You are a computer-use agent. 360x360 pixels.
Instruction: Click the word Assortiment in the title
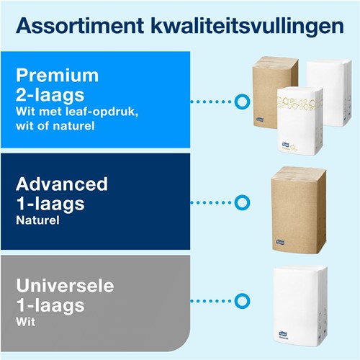pyautogui.click(x=80, y=26)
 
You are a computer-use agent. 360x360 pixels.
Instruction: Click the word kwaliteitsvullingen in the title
pyautogui.click(x=248, y=27)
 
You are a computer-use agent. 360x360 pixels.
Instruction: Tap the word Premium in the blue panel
pyautogui.click(x=57, y=76)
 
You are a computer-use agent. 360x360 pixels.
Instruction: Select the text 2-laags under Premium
pyautogui.click(x=50, y=96)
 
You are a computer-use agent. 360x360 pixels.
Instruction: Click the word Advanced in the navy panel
pyautogui.click(x=62, y=184)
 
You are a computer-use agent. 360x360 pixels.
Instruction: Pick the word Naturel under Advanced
pyautogui.click(x=37, y=220)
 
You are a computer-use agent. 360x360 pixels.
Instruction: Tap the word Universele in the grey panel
pyautogui.click(x=65, y=286)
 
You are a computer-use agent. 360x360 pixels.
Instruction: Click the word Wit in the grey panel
pyautogui.click(x=26, y=322)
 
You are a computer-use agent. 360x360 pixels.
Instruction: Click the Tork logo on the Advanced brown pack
pyautogui.click(x=280, y=242)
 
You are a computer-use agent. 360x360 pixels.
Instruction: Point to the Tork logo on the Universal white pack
pyautogui.click(x=283, y=333)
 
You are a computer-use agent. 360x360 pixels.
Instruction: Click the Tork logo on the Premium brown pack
pyautogui.click(x=260, y=119)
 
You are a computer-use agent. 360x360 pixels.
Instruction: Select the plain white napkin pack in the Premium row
pyautogui.click(x=329, y=92)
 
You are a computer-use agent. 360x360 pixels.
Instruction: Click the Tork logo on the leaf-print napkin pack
pyautogui.click(x=286, y=144)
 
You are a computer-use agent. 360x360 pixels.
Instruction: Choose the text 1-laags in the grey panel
pyautogui.click(x=50, y=305)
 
